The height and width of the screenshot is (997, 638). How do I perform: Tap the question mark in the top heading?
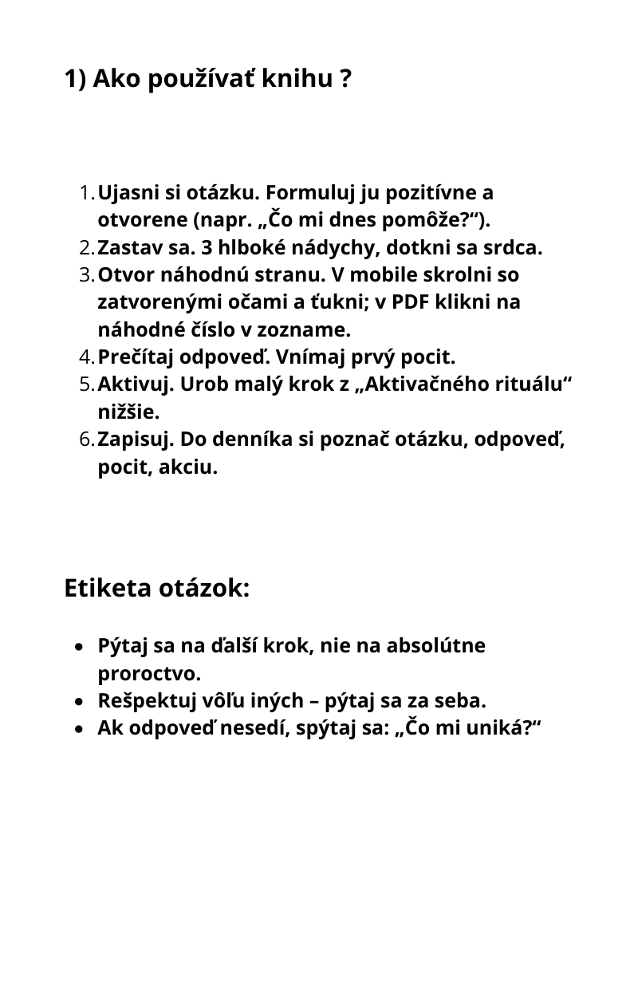[345, 79]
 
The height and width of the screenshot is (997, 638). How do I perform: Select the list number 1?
[86, 193]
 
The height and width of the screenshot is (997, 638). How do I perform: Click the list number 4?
[86, 357]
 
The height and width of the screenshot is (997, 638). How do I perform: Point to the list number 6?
[86, 439]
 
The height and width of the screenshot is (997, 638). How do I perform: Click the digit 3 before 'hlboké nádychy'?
[208, 248]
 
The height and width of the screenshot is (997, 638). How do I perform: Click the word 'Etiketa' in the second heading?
[108, 589]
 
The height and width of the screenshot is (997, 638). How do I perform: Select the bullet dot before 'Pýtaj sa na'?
[78, 646]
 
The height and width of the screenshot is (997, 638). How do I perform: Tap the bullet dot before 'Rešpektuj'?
[78, 702]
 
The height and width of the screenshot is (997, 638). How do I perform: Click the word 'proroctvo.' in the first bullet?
[149, 674]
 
